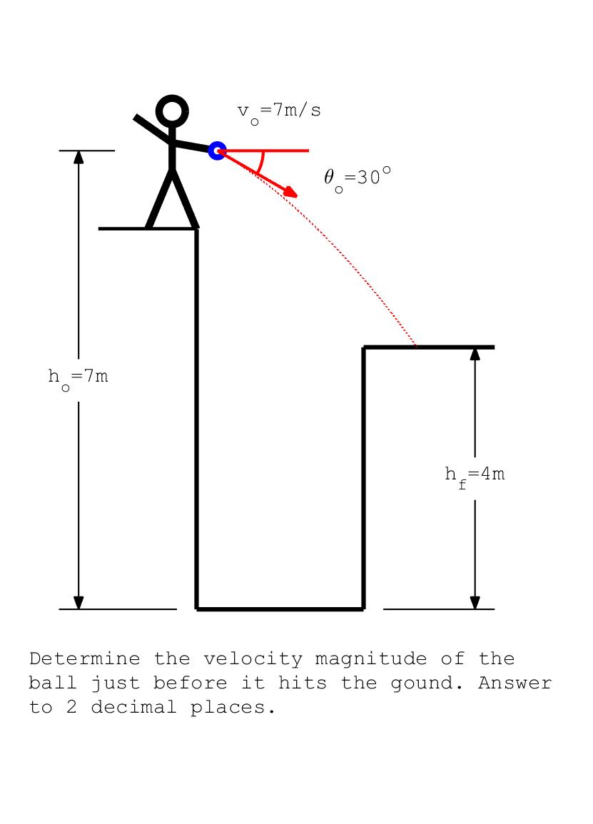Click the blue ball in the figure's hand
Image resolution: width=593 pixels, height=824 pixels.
[x=217, y=151]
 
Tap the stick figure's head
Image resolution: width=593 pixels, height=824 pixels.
[x=172, y=111]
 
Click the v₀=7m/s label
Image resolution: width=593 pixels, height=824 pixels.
[x=279, y=112]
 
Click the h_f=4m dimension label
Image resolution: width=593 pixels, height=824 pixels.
[x=475, y=474]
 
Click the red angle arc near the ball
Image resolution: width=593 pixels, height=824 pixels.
[x=261, y=163]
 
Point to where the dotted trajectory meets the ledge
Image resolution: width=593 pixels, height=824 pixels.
[x=417, y=347]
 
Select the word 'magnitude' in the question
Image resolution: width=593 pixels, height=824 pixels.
[x=370, y=660]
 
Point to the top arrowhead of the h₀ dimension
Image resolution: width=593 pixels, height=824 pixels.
[x=78, y=157]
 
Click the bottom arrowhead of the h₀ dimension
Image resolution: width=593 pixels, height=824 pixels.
[x=78, y=603]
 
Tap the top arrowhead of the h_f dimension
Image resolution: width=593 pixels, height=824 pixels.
[x=475, y=354]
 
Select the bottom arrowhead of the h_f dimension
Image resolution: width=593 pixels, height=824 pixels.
[x=475, y=603]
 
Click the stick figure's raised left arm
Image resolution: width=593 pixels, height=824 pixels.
[x=152, y=127]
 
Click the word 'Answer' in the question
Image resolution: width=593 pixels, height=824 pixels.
[x=515, y=683]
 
